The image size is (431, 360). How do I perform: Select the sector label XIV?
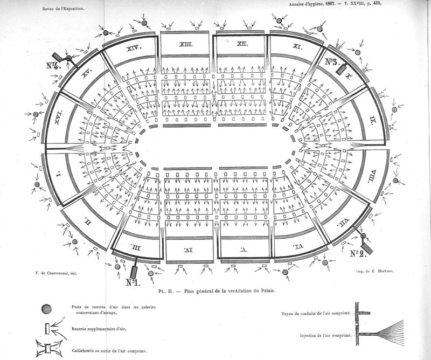pyautogui.click(x=133, y=48)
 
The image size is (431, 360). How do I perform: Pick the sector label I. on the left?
pyautogui.click(x=59, y=175)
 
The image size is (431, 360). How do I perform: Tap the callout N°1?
pyautogui.click(x=133, y=281)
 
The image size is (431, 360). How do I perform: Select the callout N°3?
pyautogui.click(x=331, y=61)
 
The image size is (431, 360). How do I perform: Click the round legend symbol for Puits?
pyautogui.click(x=47, y=309)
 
